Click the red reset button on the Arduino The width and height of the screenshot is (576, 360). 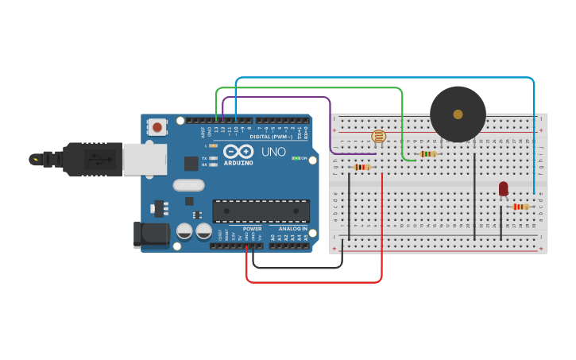157,126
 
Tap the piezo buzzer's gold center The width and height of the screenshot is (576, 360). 458,114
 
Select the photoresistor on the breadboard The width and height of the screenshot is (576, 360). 378,136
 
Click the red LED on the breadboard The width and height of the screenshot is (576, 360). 503,188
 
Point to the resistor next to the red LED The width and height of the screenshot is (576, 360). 520,207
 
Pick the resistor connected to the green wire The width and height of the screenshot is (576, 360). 428,153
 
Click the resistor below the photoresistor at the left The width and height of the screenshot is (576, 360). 361,167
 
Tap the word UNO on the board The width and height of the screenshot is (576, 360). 273,152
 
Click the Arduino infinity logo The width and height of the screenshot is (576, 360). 238,151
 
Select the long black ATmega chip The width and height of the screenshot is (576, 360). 261,211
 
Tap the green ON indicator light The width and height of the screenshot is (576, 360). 295,158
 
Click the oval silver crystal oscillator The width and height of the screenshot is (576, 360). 188,186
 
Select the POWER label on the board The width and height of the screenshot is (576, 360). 252,228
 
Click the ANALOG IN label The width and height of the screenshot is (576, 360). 291,228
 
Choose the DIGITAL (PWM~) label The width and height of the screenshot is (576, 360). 271,136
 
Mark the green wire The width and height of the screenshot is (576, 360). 310,88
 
